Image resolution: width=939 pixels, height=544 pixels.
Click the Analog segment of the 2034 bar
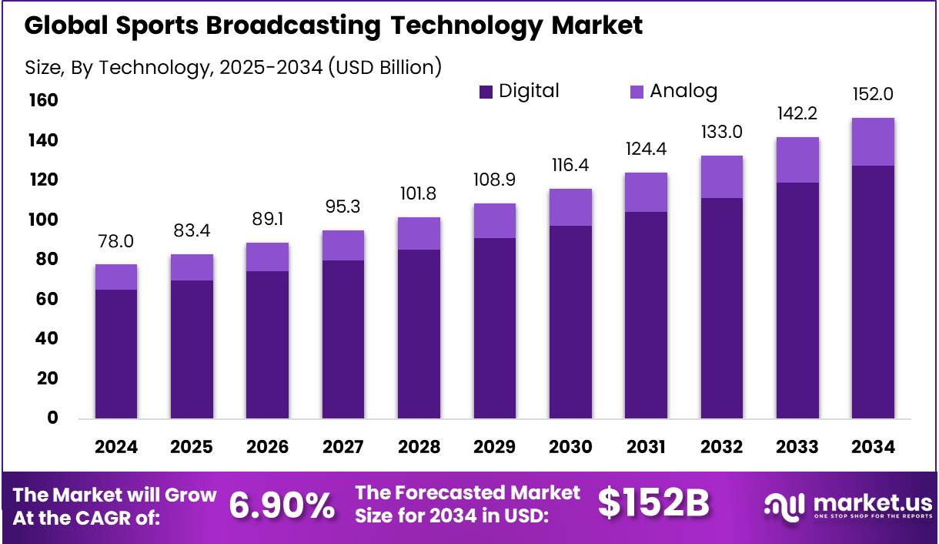click(x=873, y=142)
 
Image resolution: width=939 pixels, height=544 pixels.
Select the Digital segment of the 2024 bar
click(x=116, y=354)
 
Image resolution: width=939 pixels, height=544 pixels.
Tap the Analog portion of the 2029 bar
click(x=494, y=221)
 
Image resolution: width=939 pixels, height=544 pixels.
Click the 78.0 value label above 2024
click(x=116, y=241)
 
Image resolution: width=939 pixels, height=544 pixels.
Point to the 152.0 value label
click(x=873, y=94)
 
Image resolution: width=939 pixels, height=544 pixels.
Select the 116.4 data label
click(x=570, y=166)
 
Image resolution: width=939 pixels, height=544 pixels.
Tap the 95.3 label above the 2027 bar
click(x=343, y=207)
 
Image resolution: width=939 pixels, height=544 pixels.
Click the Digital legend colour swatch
click(x=486, y=92)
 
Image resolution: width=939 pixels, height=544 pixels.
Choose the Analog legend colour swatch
click(x=637, y=92)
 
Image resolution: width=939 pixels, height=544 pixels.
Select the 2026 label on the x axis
click(x=267, y=448)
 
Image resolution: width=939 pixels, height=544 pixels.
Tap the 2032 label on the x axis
click(x=721, y=448)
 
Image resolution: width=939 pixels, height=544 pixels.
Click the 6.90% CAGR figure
click(x=282, y=505)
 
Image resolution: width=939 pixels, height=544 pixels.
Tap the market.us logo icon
click(x=784, y=505)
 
